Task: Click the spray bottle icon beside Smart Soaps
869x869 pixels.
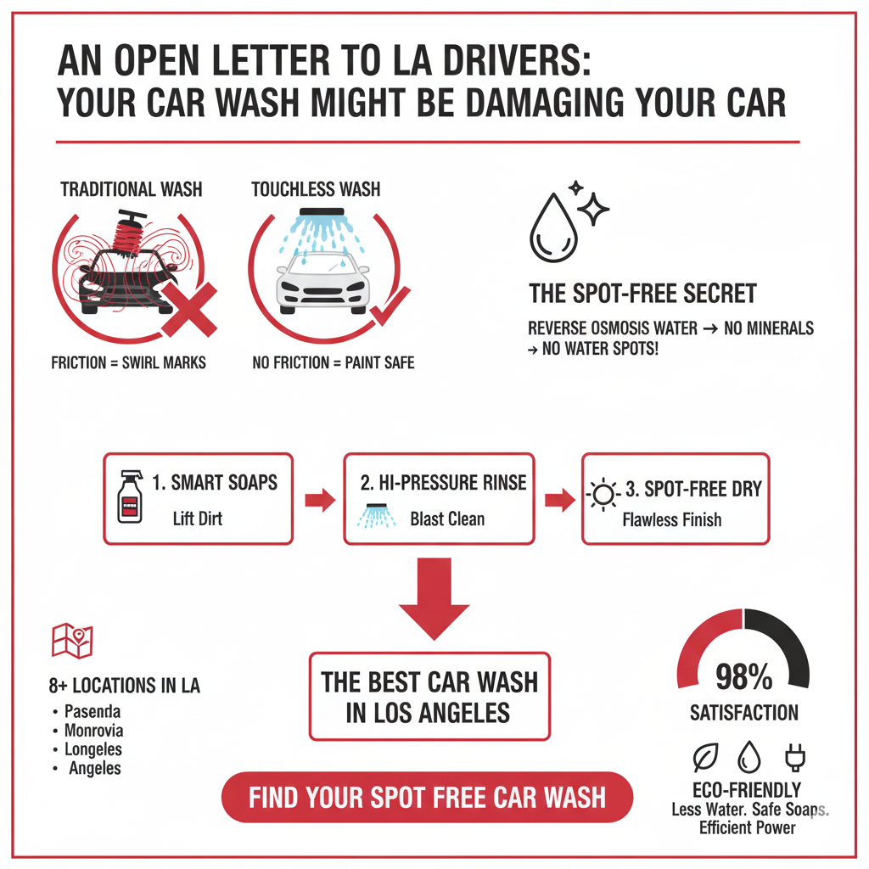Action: (127, 497)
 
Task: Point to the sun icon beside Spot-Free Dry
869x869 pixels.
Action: (603, 495)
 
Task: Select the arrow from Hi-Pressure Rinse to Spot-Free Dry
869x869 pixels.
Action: (558, 499)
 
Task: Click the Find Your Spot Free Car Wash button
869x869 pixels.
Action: (427, 797)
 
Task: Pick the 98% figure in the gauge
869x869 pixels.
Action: (743, 677)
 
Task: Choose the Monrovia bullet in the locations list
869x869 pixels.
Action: (54, 731)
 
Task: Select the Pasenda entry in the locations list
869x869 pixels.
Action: (92, 711)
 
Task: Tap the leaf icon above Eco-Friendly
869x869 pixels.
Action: (705, 756)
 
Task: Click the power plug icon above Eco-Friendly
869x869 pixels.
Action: (795, 755)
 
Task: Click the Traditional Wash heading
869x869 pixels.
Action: (131, 188)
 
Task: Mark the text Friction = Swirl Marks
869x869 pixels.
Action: (128, 363)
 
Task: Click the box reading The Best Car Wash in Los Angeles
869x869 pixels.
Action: (429, 697)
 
